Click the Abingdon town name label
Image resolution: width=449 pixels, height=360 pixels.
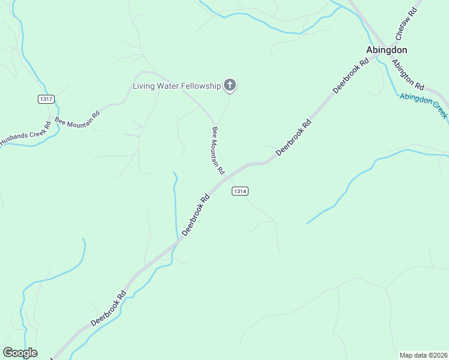387,50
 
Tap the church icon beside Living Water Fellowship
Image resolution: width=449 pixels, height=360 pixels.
229,86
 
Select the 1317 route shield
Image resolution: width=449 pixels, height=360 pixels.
46,99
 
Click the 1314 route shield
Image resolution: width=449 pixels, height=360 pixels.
240,191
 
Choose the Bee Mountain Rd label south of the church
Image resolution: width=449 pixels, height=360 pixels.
217,149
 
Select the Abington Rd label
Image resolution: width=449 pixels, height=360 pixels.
408,74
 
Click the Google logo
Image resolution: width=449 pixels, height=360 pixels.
20,353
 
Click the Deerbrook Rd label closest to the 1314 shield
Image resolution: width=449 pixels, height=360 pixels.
196,214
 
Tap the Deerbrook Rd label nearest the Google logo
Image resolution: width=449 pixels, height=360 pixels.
109,308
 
